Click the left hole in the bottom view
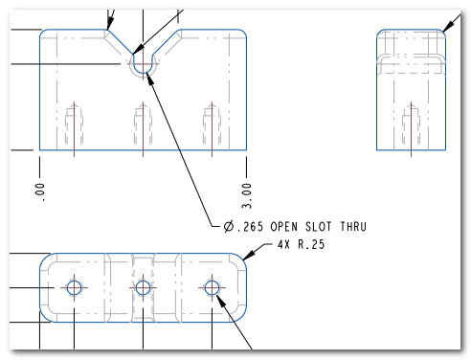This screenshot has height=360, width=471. (74, 287)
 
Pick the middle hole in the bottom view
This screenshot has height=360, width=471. (143, 287)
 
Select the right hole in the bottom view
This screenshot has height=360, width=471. (212, 287)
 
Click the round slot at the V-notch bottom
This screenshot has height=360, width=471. (142, 63)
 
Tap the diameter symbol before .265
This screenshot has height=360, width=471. (229, 226)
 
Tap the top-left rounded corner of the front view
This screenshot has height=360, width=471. (44, 34)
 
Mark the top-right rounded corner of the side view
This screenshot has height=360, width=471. (441, 34)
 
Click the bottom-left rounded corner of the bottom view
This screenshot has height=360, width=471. (46, 314)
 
